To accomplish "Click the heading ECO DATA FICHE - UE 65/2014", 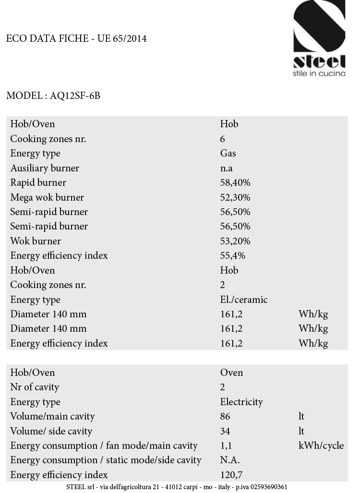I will [x=76, y=39].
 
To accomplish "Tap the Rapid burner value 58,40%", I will [x=235, y=183].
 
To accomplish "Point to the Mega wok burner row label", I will [x=47, y=197].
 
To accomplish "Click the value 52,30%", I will [x=235, y=197].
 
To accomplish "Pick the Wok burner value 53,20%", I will [x=235, y=241].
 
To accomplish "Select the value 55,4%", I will [x=233, y=255].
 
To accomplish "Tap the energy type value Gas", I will [x=228, y=154].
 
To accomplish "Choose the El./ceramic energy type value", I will [x=244, y=300].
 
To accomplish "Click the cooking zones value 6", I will [x=223, y=139].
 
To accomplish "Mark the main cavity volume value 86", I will [x=225, y=416].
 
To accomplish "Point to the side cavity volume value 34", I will [x=225, y=431].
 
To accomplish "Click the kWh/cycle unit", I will [x=321, y=445].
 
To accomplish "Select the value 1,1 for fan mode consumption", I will [x=226, y=445].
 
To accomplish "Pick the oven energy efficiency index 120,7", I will [x=231, y=475].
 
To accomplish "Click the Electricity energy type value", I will [x=241, y=402].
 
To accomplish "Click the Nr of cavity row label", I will [x=35, y=387].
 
